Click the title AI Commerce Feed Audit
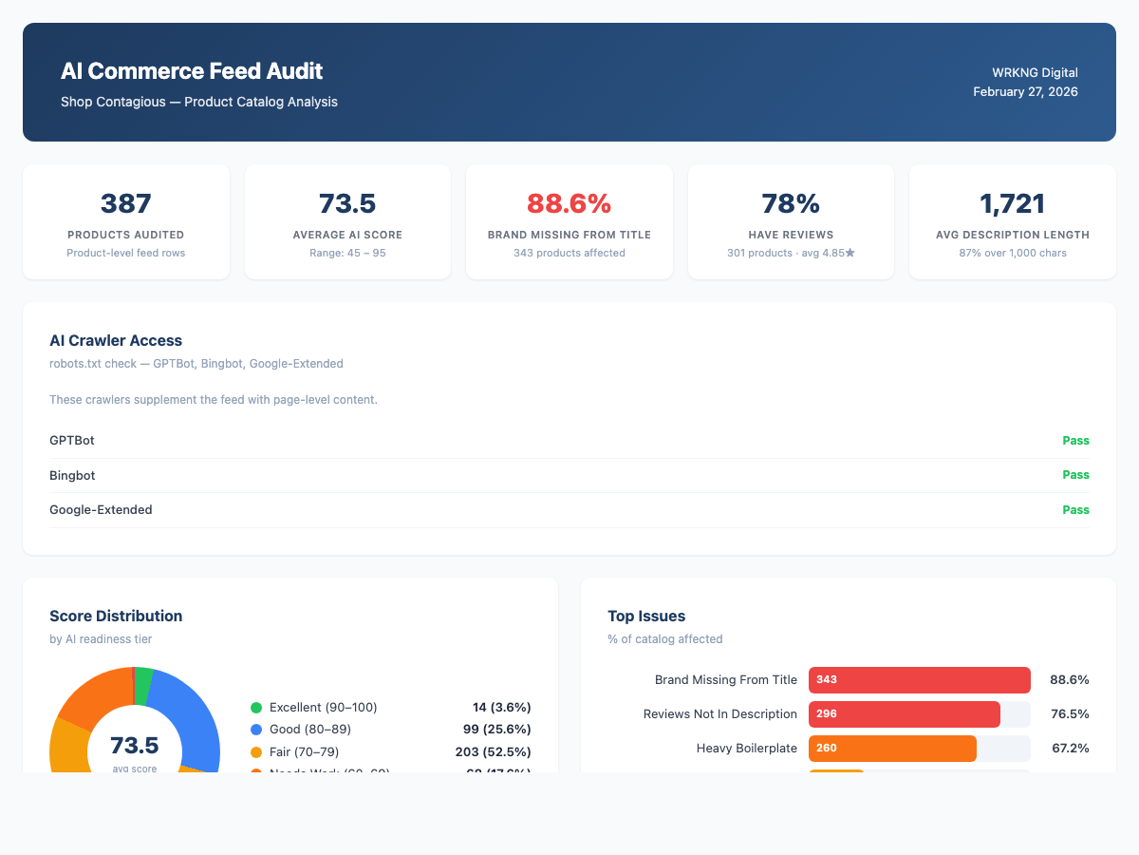click(x=192, y=71)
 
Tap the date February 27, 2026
click(x=1025, y=92)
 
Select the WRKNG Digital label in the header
click(x=1035, y=72)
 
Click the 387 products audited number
click(x=126, y=203)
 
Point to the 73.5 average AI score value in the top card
click(x=347, y=203)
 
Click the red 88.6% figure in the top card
click(x=569, y=203)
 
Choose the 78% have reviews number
click(x=791, y=203)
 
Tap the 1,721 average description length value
click(x=1012, y=203)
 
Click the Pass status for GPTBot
click(x=1075, y=441)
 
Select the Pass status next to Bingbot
click(x=1075, y=475)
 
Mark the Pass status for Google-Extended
click(x=1075, y=510)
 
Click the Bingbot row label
click(x=72, y=475)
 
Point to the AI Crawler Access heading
click(x=116, y=340)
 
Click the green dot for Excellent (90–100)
click(x=256, y=708)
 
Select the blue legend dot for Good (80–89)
click(x=256, y=730)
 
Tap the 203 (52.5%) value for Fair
click(x=493, y=751)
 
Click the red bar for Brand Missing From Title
click(x=919, y=680)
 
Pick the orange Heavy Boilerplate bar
click(x=892, y=749)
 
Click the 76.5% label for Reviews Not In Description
click(x=1069, y=714)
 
